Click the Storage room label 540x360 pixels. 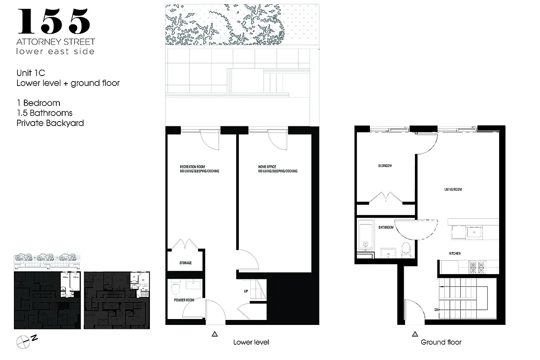coord(185,263)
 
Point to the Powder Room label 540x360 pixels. coord(184,299)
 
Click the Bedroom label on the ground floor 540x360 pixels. coord(385,166)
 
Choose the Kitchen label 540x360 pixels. coord(454,254)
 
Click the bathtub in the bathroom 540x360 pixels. coord(365,235)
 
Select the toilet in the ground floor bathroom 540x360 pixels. coord(406,249)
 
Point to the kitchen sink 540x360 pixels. coord(473,233)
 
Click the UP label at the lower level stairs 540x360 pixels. coord(246,291)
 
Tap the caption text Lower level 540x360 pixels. coord(251,342)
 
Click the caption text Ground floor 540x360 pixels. coord(441,342)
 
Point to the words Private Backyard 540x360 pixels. coord(50,123)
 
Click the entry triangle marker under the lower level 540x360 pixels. coord(215,334)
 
